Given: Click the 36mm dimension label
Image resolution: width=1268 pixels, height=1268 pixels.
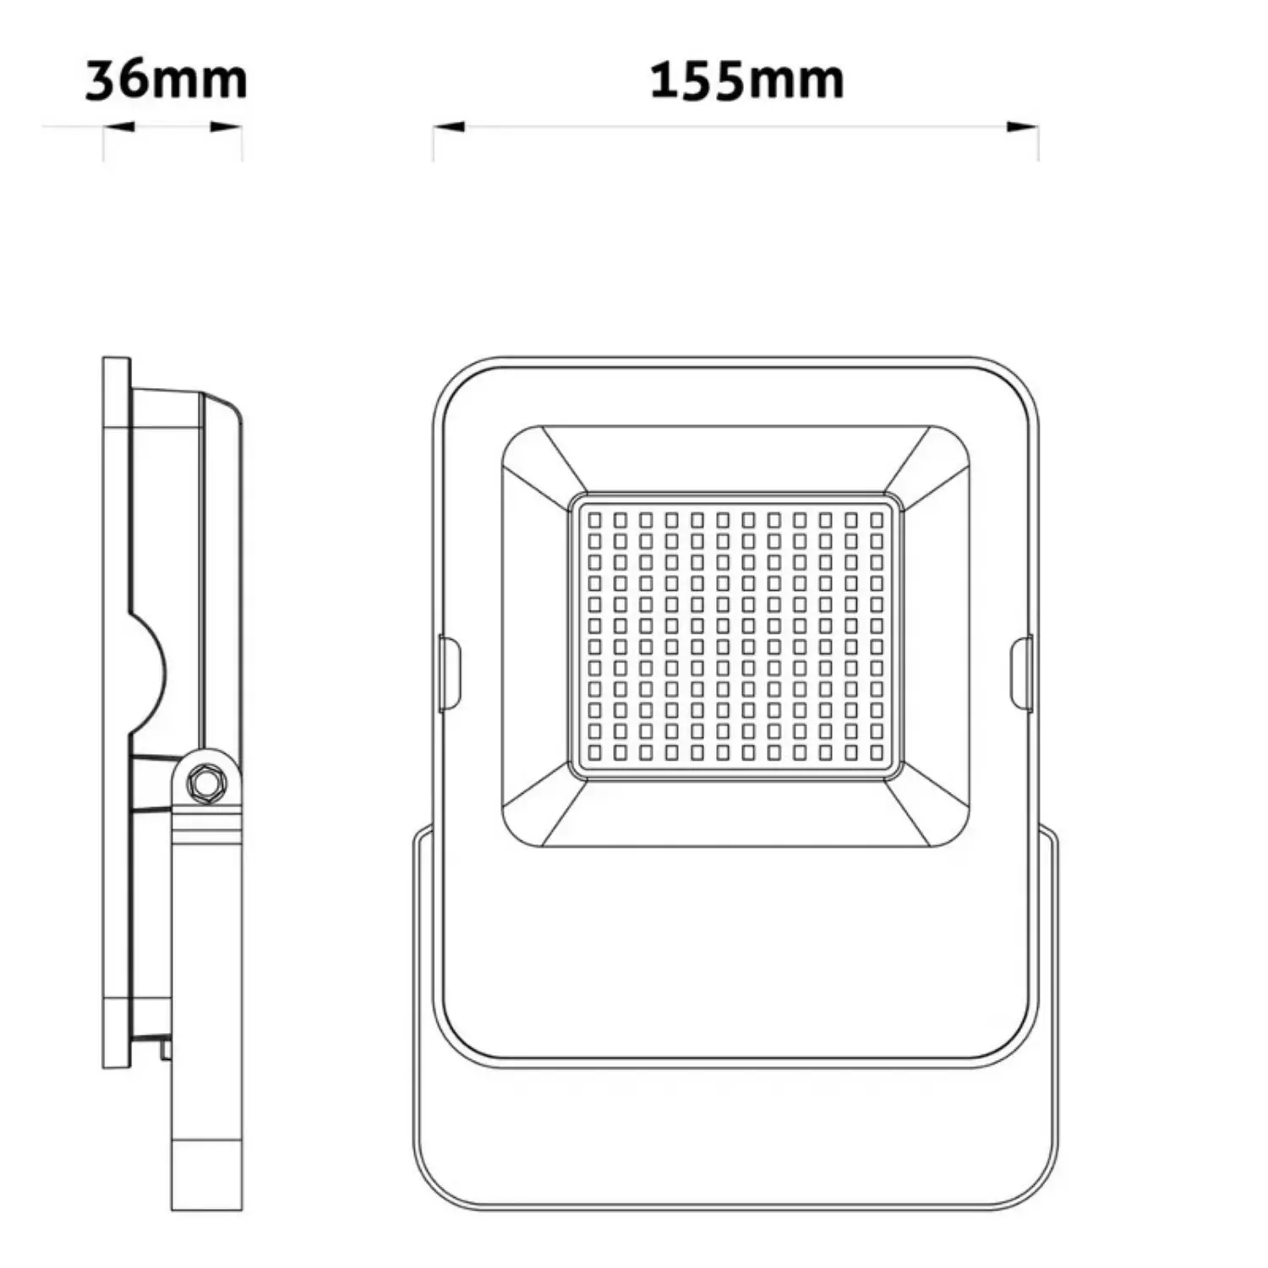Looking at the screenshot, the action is pyautogui.click(x=167, y=80).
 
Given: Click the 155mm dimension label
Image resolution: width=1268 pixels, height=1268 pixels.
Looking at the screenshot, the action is pyautogui.click(x=747, y=80).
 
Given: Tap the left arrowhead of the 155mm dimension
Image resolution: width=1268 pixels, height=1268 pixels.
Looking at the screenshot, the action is pyautogui.click(x=449, y=128).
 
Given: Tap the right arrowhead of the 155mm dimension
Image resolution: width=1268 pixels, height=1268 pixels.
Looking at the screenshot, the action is pyautogui.click(x=1022, y=128).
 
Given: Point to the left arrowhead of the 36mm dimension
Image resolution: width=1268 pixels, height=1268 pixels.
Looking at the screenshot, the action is pyautogui.click(x=119, y=128).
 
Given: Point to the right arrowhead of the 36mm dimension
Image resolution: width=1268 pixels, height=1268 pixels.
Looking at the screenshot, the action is pyautogui.click(x=227, y=128).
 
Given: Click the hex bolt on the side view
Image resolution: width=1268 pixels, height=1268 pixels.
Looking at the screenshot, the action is pyautogui.click(x=204, y=782).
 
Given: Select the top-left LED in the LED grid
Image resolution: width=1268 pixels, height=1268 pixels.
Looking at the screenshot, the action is pyautogui.click(x=594, y=519).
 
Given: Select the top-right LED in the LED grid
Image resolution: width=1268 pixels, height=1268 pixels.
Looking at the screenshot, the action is pyautogui.click(x=877, y=519).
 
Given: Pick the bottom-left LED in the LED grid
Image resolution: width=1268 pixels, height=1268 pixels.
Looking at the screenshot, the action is pyautogui.click(x=594, y=752).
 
